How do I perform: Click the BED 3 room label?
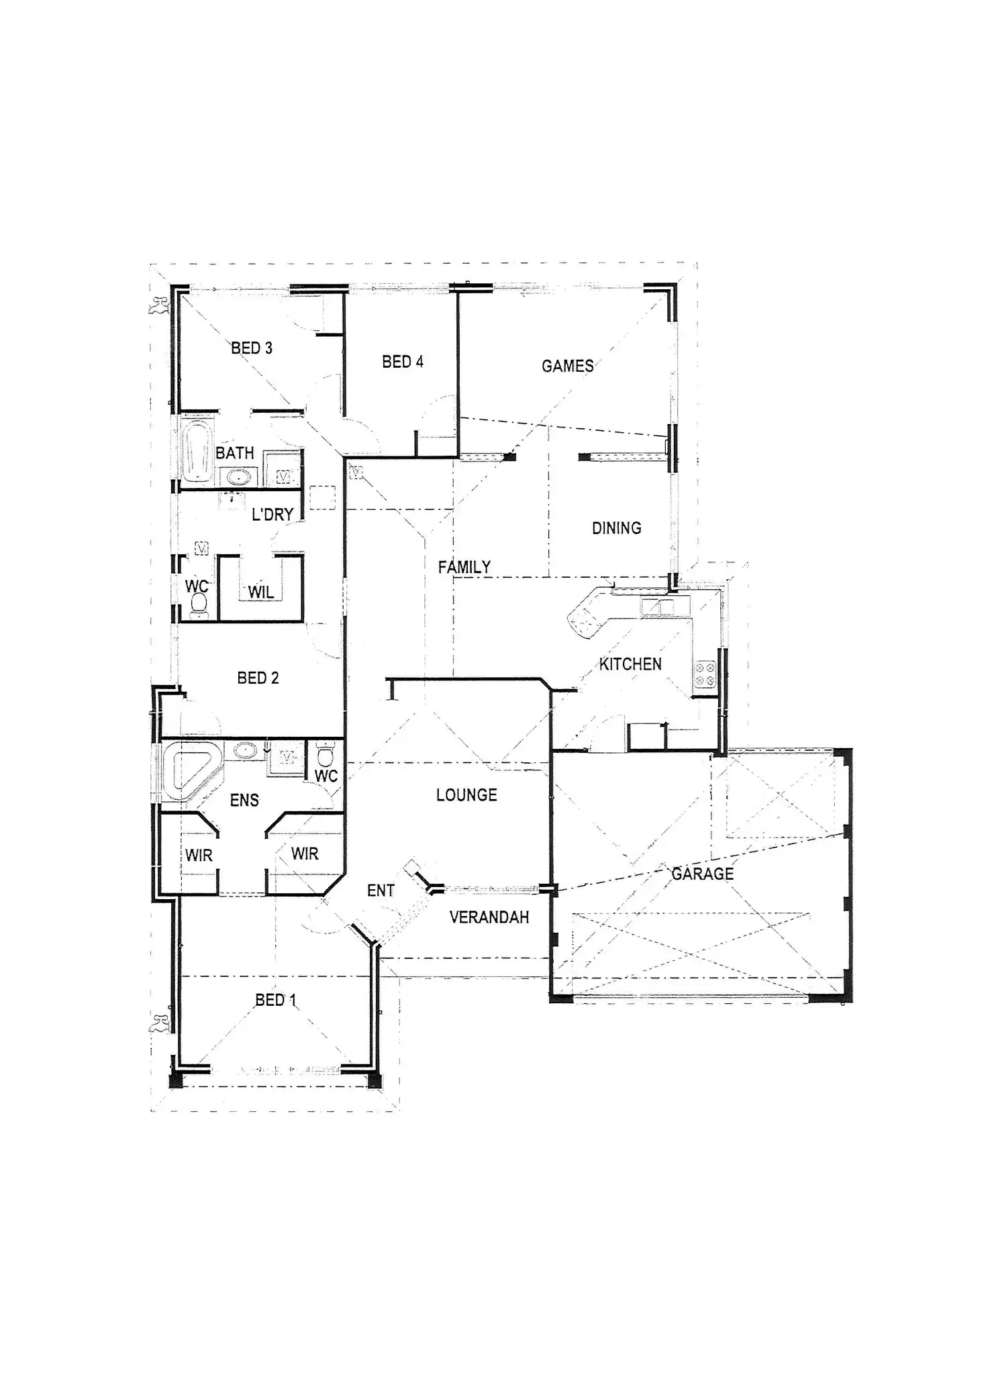pos(252,348)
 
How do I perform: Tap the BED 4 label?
pos(403,362)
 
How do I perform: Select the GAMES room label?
pos(568,366)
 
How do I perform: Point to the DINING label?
pos(616,529)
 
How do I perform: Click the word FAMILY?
pos(464,568)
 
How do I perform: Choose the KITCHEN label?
pos(630,664)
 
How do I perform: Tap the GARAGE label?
pos(703,874)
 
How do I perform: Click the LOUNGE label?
pos(466,796)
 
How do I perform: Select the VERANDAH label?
pos(489,917)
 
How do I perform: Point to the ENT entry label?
pos(381,891)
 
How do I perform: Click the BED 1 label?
pos(275,1001)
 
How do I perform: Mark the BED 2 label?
pos(258,678)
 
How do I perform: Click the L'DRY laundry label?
pos(273,515)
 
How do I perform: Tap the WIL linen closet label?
pos(261,593)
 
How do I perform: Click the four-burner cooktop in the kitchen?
pos(705,674)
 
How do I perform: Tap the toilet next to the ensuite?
pos(325,754)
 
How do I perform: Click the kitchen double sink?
pos(657,607)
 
